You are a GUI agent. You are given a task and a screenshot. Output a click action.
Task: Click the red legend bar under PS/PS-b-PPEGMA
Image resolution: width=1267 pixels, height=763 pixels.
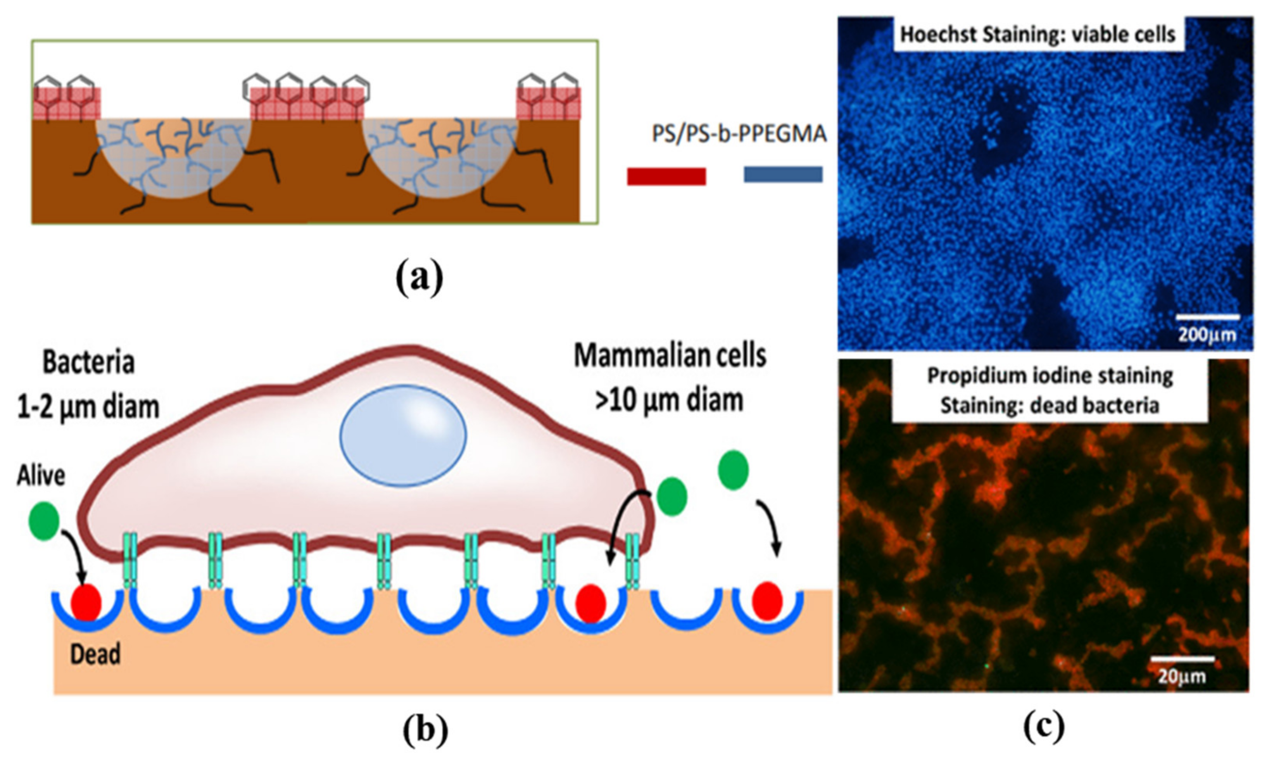click(666, 176)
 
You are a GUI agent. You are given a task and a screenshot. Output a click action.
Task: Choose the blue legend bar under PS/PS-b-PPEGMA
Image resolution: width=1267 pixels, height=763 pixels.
click(783, 174)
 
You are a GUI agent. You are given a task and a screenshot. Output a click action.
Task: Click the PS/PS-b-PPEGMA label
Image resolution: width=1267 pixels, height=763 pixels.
click(739, 134)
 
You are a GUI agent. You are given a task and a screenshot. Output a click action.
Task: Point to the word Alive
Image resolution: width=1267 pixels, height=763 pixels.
click(41, 476)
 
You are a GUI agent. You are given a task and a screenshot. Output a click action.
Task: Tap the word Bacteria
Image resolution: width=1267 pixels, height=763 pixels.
click(88, 362)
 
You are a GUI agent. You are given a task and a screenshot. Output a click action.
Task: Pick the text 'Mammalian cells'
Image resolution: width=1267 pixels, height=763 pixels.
click(670, 356)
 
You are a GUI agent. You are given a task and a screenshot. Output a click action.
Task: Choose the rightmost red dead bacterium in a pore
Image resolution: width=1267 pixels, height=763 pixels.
click(767, 601)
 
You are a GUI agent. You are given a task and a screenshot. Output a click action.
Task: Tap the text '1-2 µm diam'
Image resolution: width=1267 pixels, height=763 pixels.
click(88, 406)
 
